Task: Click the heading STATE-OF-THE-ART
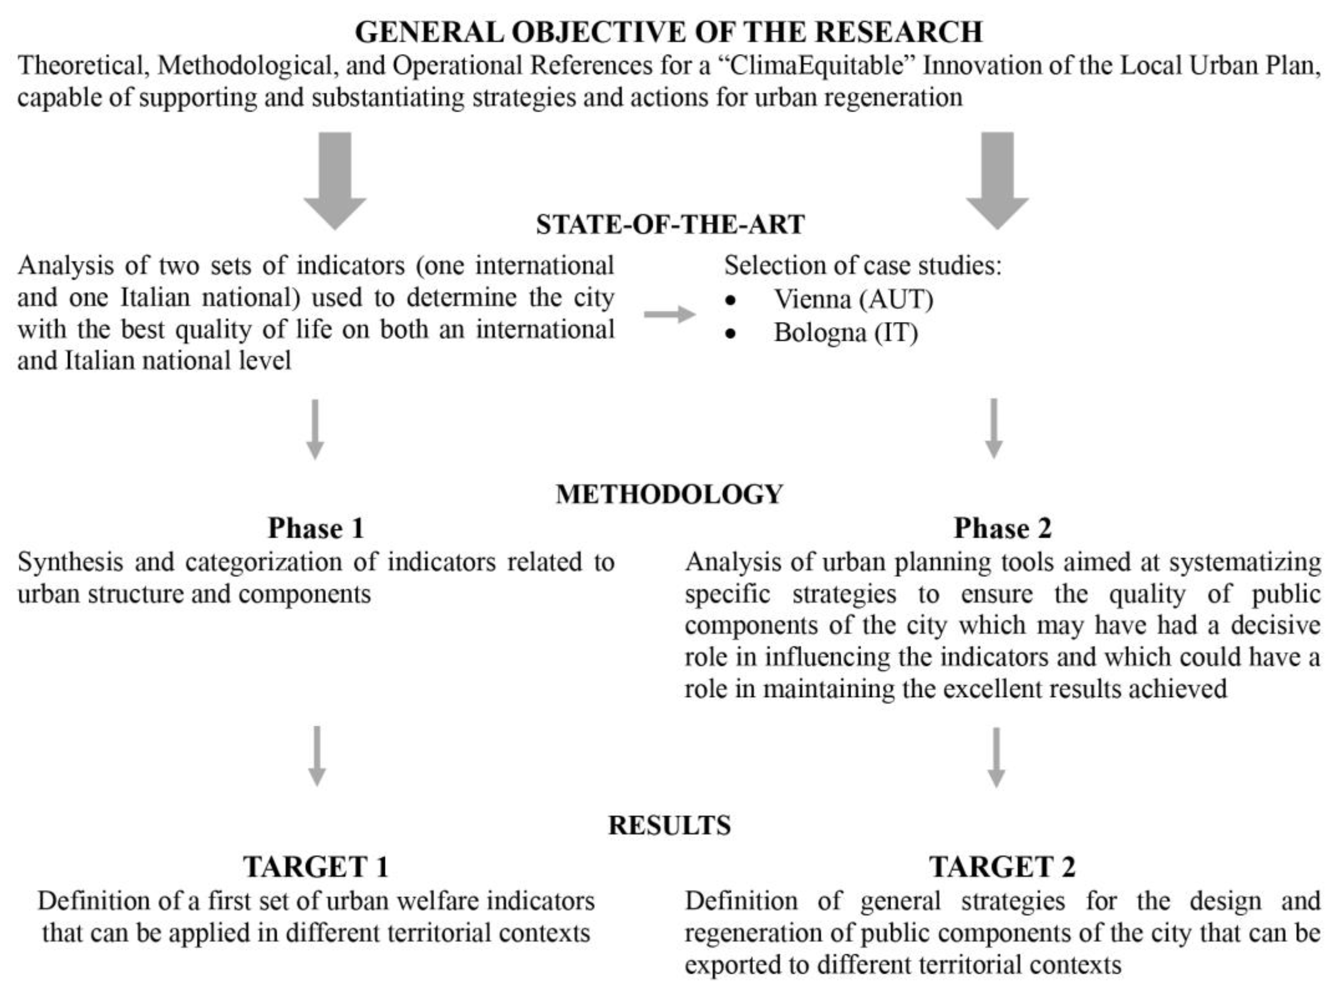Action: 670,224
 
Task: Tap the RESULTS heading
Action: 669,825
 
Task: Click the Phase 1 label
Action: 316,529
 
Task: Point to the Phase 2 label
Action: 1002,529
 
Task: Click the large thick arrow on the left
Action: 335,180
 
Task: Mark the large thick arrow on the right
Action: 997,180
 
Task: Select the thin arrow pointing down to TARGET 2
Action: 996,757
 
